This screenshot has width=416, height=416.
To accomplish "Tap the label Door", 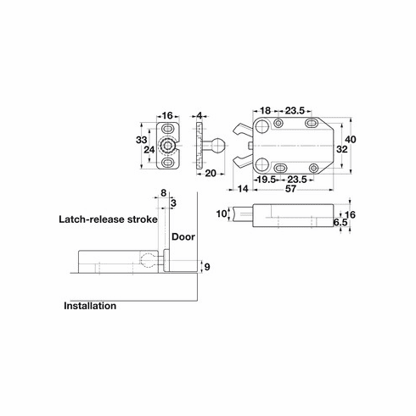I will pyautogui.click(x=183, y=238).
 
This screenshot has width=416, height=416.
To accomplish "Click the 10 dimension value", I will pyautogui.click(x=222, y=213).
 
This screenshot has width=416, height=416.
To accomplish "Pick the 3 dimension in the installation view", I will pyautogui.click(x=173, y=203).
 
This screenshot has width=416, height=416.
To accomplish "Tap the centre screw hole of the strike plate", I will pyautogui.click(x=170, y=146).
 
